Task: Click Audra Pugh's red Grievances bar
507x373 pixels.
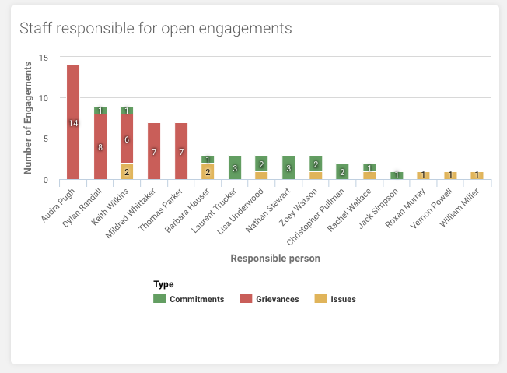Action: coord(73,122)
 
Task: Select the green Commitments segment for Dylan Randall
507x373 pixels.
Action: coord(100,111)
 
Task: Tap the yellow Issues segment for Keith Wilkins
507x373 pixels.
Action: coord(127,171)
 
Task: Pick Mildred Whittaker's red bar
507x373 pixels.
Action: coord(154,151)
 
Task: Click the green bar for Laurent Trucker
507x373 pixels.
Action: coord(235,167)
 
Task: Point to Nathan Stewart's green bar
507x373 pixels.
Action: coord(288,167)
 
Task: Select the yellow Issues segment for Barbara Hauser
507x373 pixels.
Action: coord(208,171)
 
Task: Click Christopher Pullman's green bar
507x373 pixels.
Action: coord(342,171)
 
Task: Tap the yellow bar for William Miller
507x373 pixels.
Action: coord(477,176)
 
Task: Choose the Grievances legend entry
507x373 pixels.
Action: coord(270,299)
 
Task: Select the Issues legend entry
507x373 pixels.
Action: coord(337,299)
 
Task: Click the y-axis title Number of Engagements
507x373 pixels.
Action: coord(28,118)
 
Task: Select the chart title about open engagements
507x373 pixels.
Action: coord(156,29)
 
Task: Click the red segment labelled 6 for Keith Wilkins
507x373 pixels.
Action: coord(127,139)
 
